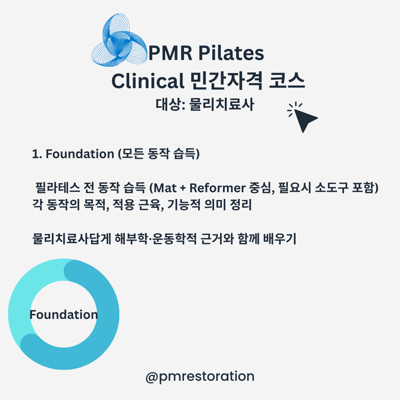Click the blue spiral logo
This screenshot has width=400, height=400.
point(119,40)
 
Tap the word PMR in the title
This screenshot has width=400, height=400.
point(170,53)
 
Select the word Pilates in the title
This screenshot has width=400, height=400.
point(231,53)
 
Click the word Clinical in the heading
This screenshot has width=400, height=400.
point(148,81)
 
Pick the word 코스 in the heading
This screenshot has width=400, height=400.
point(287,81)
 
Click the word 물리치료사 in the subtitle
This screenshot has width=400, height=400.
point(222,104)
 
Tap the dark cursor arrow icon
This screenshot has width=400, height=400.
point(303,117)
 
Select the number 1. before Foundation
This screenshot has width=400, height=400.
point(37,154)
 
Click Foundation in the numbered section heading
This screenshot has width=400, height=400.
point(80,154)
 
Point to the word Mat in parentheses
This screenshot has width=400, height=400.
point(165,188)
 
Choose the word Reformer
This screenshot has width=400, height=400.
point(217,188)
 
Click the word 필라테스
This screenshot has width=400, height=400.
point(58,188)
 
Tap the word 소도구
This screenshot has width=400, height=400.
point(331,188)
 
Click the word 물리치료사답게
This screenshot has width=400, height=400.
point(72,239)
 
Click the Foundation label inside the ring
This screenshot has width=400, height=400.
point(64,314)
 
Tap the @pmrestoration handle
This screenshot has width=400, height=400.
point(200,377)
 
